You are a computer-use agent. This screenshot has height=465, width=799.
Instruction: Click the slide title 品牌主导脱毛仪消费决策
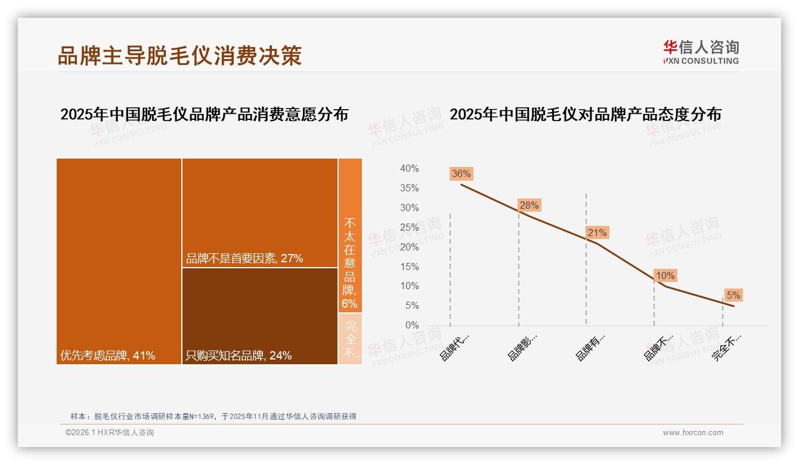pyautogui.click(x=179, y=55)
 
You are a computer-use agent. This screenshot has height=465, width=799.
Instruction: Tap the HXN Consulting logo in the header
pyautogui.click(x=701, y=52)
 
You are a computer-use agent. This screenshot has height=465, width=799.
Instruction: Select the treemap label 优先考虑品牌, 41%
pyautogui.click(x=108, y=356)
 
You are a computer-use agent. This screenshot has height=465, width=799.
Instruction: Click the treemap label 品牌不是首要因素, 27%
pyautogui.click(x=244, y=259)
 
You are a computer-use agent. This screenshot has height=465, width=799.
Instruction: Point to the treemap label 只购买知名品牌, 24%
pyautogui.click(x=239, y=356)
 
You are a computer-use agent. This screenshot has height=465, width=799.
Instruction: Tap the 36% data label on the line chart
pyautogui.click(x=461, y=174)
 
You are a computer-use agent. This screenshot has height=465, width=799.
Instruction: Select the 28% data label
pyautogui.click(x=529, y=206)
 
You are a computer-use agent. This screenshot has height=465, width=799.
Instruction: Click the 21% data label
pyautogui.click(x=597, y=233)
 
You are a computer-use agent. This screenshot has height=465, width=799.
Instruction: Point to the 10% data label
pyautogui.click(x=665, y=276)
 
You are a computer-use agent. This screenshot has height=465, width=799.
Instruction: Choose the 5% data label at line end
pyautogui.click(x=733, y=296)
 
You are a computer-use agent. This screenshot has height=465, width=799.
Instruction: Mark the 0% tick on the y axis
pyautogui.click(x=411, y=325)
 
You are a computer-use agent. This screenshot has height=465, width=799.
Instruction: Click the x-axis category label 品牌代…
pyautogui.click(x=454, y=347)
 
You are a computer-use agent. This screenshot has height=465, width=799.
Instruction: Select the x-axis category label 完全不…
pyautogui.click(x=726, y=347)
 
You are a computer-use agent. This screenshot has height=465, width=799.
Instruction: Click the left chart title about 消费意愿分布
pyautogui.click(x=204, y=114)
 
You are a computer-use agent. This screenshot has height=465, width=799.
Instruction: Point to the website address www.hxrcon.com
pyautogui.click(x=693, y=433)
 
